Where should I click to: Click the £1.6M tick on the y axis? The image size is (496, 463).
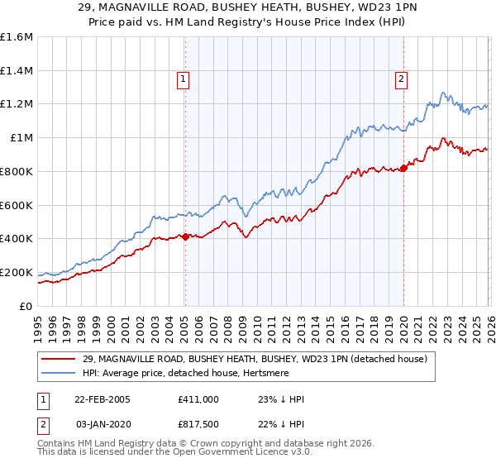[17, 37]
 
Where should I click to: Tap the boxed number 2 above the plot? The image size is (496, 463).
[402, 79]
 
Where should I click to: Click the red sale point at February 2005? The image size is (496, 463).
[185, 236]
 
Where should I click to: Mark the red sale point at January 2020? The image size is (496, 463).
[403, 168]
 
